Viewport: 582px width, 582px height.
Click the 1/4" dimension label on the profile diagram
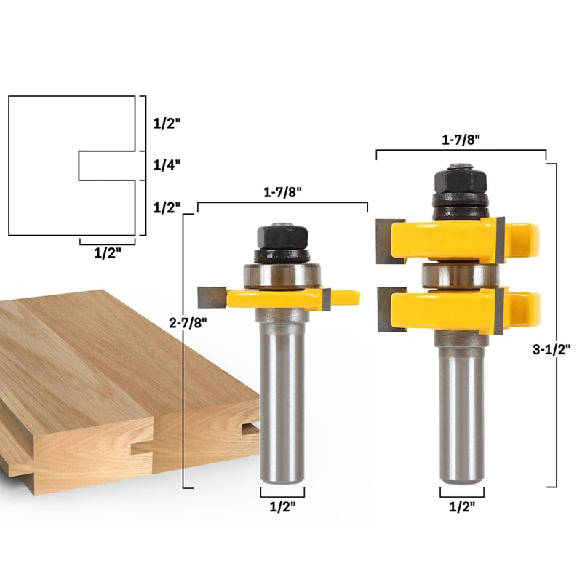tap(167, 165)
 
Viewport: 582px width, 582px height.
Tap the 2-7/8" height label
tap(188, 323)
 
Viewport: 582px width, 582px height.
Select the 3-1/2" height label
tap(551, 349)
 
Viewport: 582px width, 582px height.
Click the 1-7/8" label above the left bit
tap(282, 192)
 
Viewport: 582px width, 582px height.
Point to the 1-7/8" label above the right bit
tap(461, 140)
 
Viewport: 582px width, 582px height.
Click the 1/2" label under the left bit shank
tap(282, 506)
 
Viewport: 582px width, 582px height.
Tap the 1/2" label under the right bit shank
tap(462, 506)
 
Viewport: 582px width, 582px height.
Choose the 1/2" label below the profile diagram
tap(107, 253)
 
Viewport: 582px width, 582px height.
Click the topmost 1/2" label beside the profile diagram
tap(167, 124)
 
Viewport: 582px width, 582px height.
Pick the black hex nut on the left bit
tap(282, 236)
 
